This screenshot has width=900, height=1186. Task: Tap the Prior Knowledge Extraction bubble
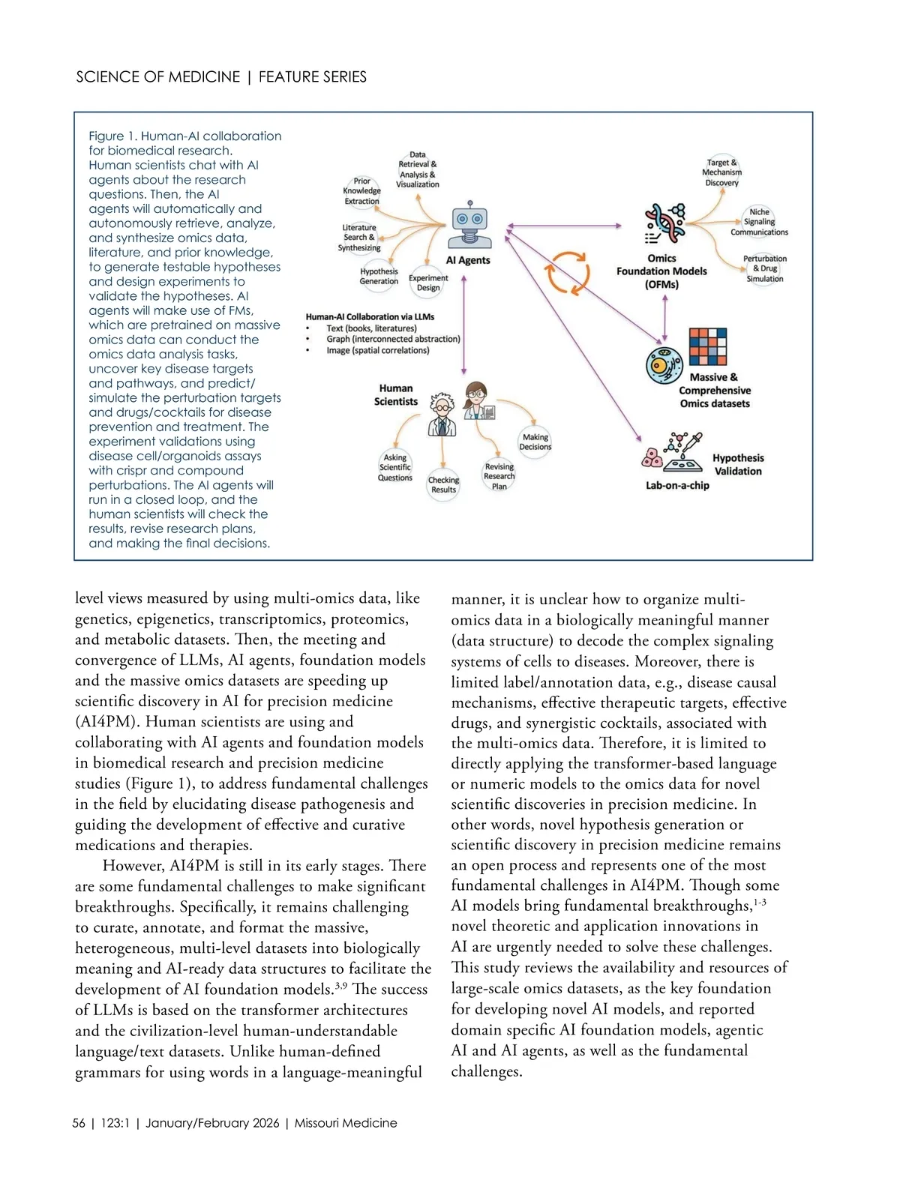pos(362,191)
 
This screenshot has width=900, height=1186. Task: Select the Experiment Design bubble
pos(428,283)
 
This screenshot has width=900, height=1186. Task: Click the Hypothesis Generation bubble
pos(379,276)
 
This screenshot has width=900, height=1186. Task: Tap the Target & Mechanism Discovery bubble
pos(721,172)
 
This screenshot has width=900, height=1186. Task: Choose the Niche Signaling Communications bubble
pos(759,222)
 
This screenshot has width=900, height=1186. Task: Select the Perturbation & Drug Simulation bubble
pos(765,268)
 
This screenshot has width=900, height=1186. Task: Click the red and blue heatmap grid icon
pos(708,346)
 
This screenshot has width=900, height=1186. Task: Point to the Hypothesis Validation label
pos(737,465)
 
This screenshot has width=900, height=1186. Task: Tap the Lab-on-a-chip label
pos(677,486)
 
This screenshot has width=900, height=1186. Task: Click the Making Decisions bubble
pos(535,442)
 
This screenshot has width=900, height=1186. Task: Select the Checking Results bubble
pos(443,485)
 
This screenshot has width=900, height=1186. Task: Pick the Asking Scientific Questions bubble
pos(395,468)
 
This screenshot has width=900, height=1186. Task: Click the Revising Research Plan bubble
pos(499,476)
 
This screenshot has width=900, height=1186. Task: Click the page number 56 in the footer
pos(79,1123)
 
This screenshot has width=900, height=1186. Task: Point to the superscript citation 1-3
pos(760,902)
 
